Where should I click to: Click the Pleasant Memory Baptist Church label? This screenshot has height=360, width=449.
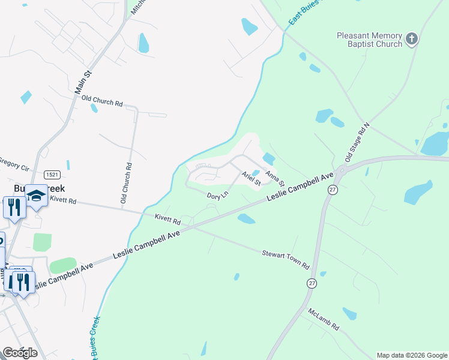[369, 40]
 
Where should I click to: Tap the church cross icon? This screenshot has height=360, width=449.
[411, 40]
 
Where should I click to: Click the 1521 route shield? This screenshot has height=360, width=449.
[35, 174]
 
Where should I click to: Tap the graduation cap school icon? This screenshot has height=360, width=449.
[36, 196]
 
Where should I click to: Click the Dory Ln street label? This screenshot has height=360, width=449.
[217, 196]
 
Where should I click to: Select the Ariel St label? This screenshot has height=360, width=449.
[251, 178]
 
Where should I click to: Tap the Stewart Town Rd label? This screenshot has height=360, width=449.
[285, 259]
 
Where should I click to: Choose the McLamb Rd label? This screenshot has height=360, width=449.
[324, 320]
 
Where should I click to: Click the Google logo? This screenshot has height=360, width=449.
[20, 353]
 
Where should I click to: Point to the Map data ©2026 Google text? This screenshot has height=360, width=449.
[412, 355]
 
